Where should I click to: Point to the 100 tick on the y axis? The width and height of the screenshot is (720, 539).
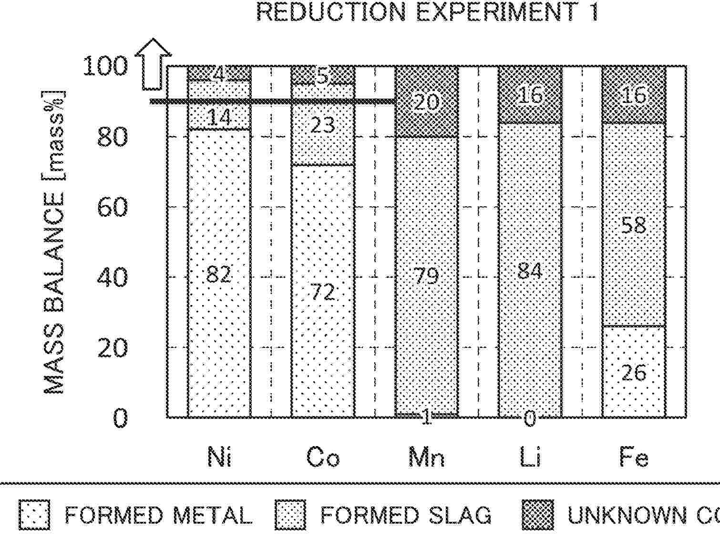105,66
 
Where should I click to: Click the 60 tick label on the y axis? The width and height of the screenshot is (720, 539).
113,207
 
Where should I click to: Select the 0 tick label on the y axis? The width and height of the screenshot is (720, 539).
120,418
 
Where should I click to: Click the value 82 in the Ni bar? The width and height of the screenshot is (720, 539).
219,275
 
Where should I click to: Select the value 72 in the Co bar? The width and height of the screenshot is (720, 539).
323,291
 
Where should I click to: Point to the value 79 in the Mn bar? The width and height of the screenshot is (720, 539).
426,275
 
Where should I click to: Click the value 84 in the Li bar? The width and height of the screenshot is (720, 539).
530,271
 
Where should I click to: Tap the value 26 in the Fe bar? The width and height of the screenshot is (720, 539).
634,373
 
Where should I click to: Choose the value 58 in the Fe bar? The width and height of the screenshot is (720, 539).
634,225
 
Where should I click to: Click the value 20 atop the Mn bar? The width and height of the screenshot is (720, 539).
426,102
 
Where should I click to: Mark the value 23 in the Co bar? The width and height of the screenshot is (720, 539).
323,125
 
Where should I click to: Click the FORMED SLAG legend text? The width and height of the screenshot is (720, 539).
405,515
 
